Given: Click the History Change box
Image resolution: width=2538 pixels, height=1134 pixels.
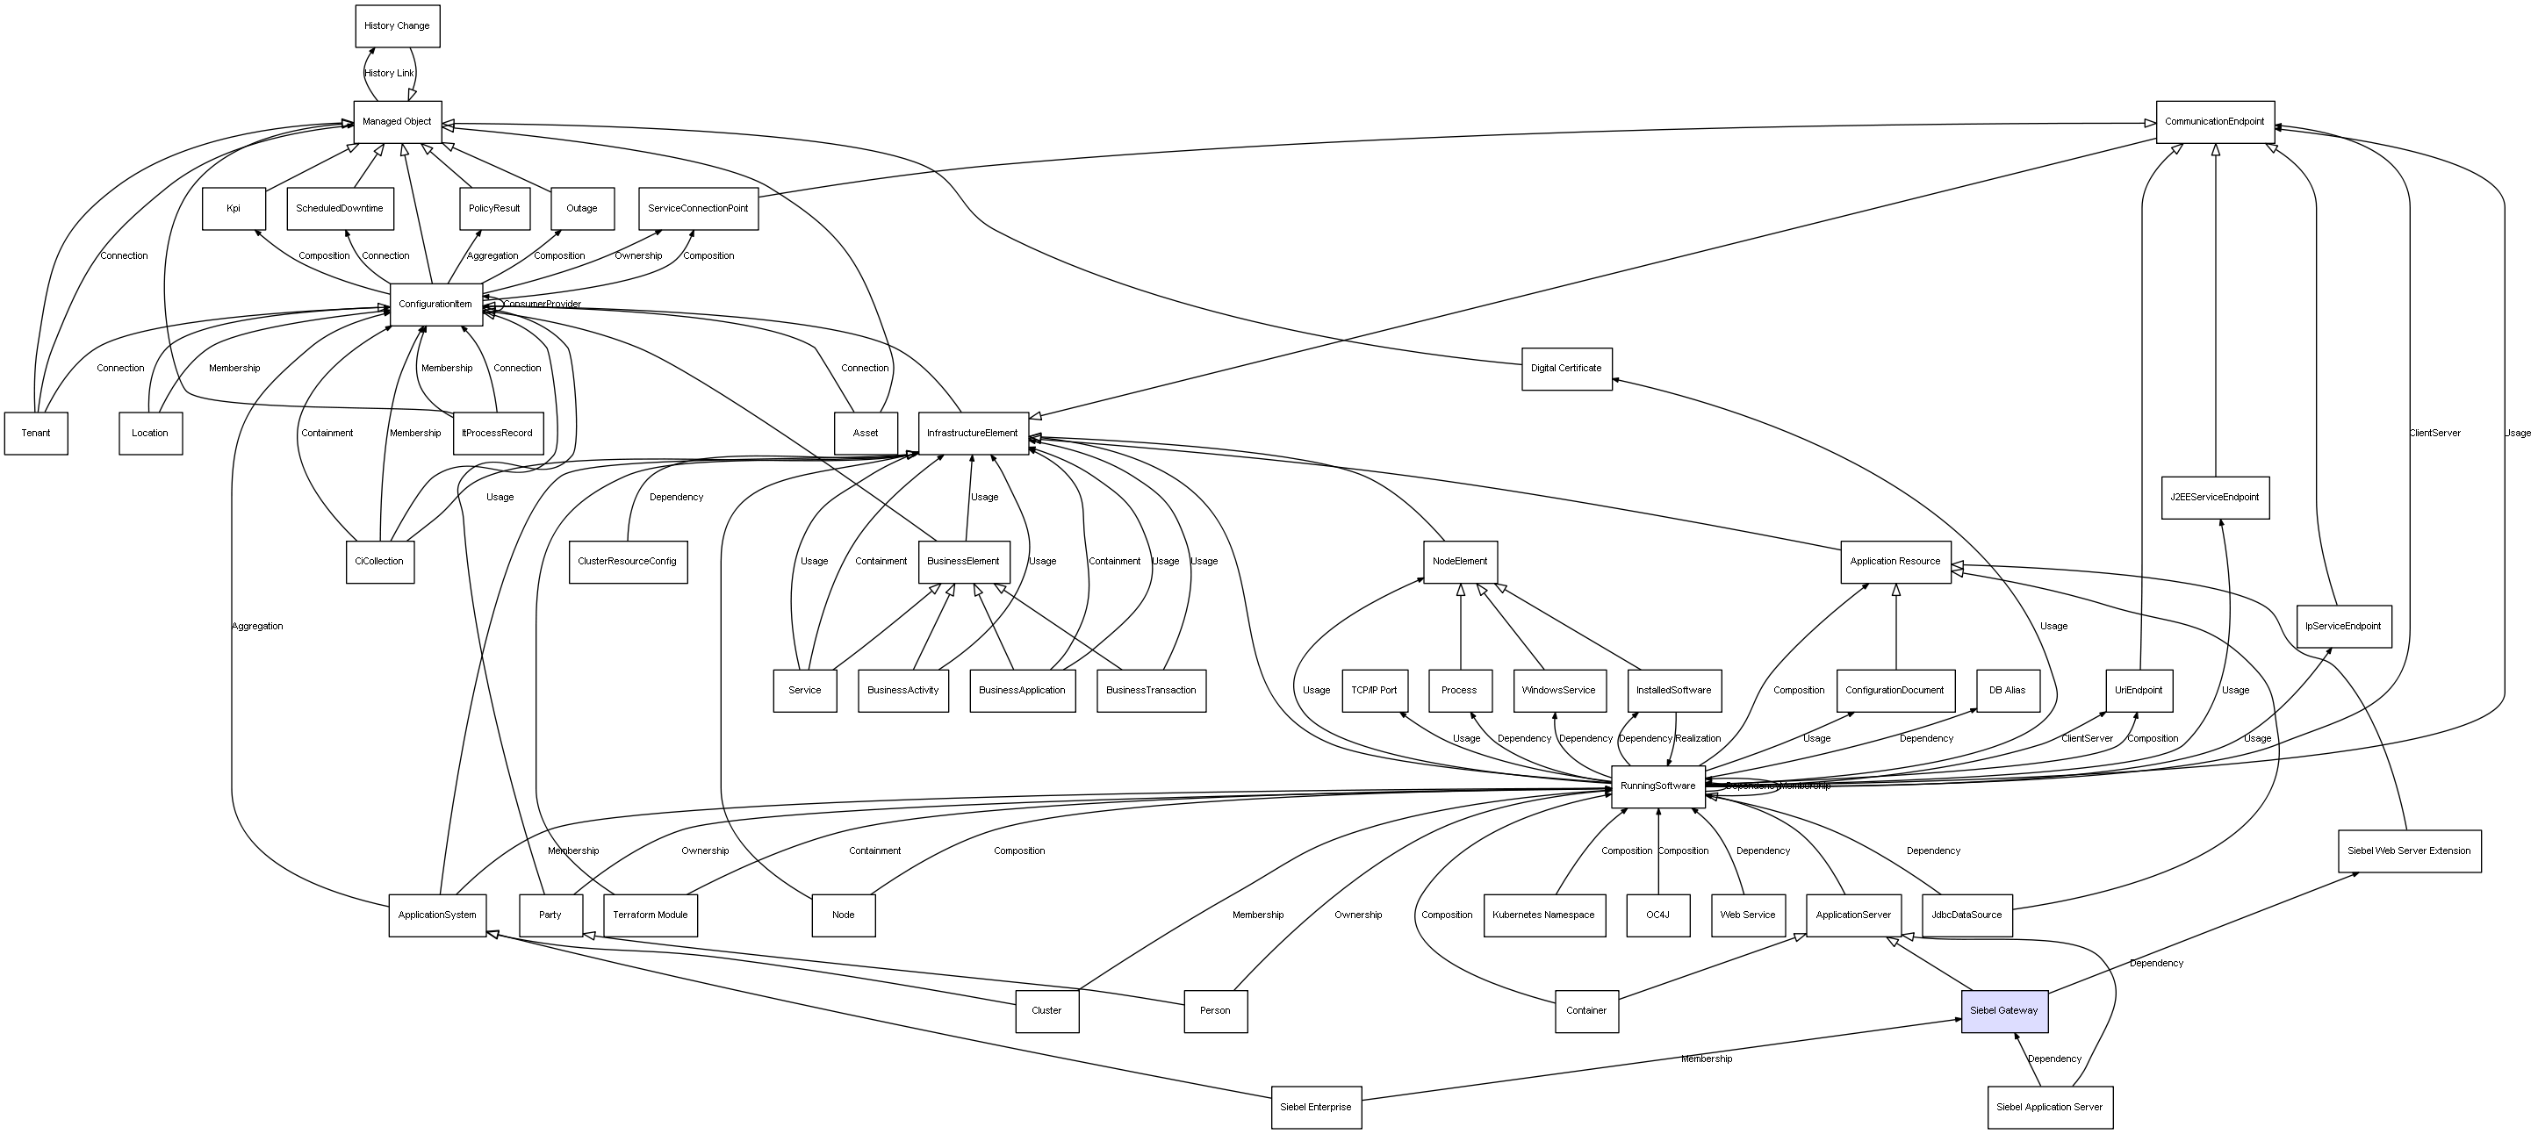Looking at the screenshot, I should [x=397, y=25].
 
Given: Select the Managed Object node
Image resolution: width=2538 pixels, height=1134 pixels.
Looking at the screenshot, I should [x=397, y=121].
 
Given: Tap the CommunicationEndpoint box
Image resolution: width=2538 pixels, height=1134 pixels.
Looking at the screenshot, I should [x=2214, y=121].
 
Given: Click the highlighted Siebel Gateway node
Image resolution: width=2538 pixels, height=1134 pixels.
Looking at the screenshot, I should [x=2004, y=1011].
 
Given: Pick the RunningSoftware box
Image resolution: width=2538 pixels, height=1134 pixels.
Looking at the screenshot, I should [x=1658, y=786].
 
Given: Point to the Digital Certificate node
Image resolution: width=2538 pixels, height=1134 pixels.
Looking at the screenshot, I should [x=1566, y=369].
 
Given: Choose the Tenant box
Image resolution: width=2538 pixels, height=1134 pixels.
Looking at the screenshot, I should [x=37, y=434].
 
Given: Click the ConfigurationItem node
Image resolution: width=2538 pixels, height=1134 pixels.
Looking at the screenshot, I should [x=435, y=305].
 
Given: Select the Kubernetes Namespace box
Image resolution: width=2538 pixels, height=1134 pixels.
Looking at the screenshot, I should [x=1544, y=915].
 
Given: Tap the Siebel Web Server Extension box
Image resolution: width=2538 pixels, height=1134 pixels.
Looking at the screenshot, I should [x=2409, y=851].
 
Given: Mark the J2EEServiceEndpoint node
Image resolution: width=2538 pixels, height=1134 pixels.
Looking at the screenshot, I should [x=2214, y=498].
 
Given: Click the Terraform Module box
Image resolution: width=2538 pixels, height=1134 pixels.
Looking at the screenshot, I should [x=651, y=915].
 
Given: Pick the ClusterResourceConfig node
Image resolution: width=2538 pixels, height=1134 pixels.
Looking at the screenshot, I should [x=628, y=562].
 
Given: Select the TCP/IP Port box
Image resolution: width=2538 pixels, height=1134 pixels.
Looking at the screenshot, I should [x=1375, y=691].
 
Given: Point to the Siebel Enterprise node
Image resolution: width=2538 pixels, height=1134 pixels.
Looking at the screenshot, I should [x=1316, y=1108].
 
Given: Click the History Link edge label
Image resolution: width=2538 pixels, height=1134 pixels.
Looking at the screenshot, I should [x=389, y=74].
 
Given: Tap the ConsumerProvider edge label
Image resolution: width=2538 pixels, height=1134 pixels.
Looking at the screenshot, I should [x=543, y=305].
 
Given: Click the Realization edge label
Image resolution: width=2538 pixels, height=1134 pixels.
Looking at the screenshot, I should [x=1698, y=739].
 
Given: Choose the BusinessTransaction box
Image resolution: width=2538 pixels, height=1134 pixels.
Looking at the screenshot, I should [x=1151, y=691].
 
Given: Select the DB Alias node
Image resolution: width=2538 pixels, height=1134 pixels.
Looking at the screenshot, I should [x=2007, y=691].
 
